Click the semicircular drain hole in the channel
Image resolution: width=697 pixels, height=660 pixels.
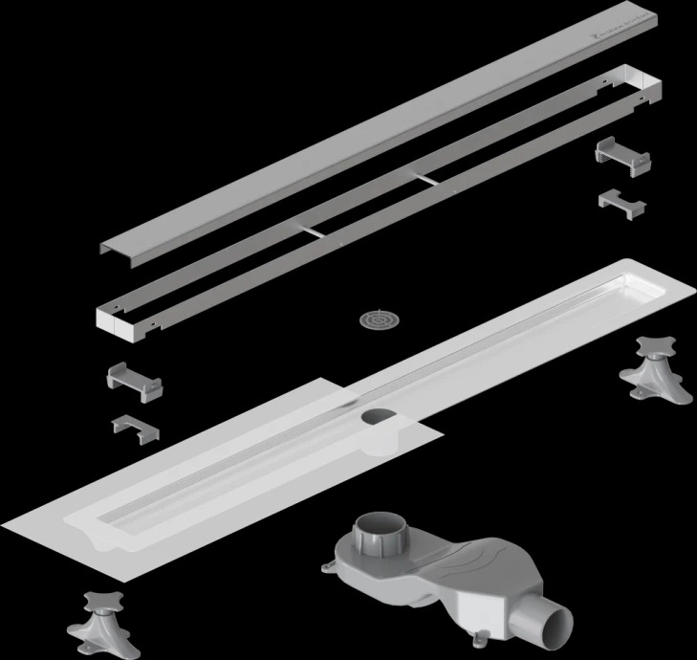379,417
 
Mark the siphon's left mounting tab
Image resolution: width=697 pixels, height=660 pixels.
329,570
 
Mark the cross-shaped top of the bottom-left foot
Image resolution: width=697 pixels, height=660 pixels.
99,601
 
